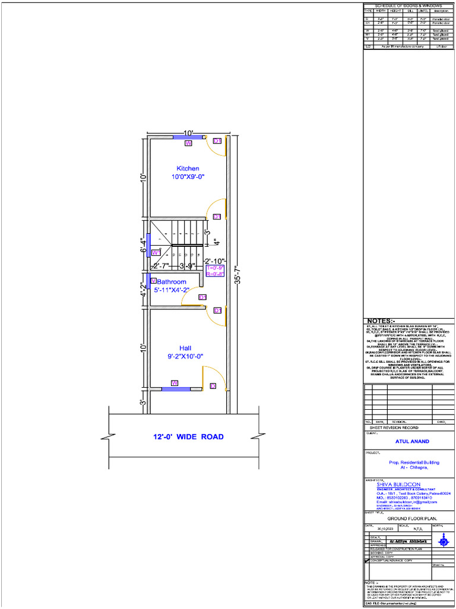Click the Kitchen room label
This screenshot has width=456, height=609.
pos(188,168)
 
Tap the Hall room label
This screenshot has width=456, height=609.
pos(185,348)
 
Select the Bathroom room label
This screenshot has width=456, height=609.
pos(172,282)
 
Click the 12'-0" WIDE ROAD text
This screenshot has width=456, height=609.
pos(188,437)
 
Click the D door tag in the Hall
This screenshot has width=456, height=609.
pos(213,386)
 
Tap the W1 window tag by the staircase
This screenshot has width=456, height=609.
pos(157,253)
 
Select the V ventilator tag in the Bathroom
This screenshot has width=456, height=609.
pos(153,281)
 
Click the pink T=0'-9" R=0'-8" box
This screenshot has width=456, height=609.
pos(214,271)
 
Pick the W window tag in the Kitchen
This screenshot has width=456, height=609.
pos(188,143)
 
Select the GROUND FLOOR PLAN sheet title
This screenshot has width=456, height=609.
pos(410,518)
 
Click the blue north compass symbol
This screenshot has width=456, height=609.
pos(443,540)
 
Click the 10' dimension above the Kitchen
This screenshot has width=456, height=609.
pos(188,133)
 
